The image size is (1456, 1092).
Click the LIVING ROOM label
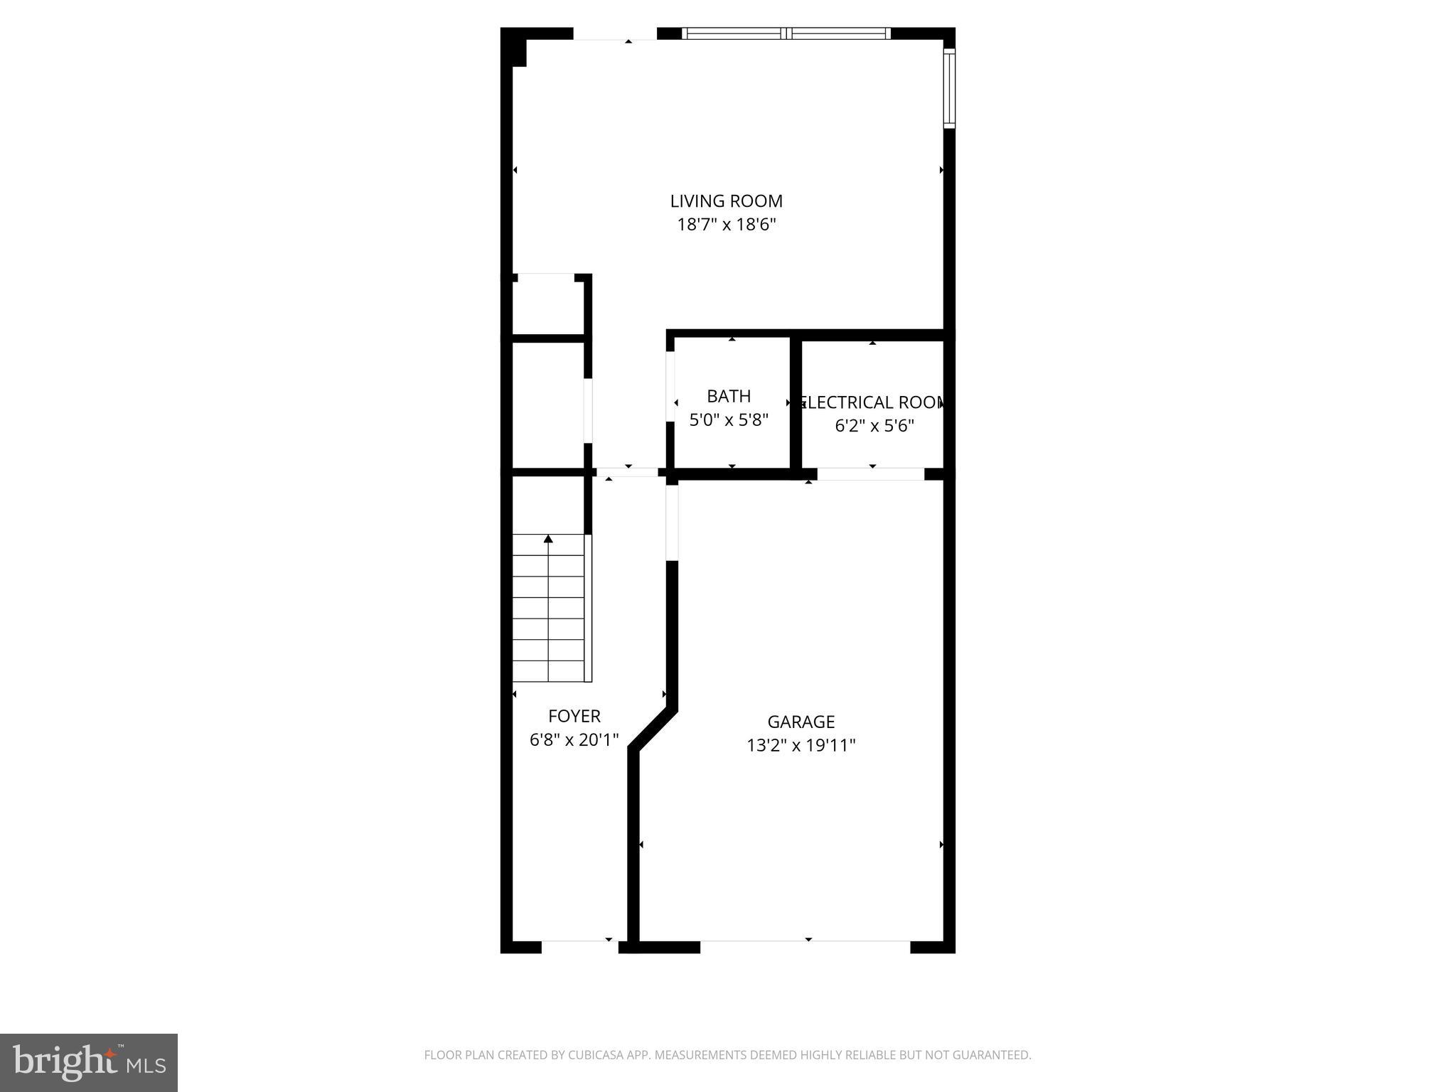[726, 201]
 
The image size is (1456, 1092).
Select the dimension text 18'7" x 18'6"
[726, 225]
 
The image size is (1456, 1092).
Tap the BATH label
[729, 396]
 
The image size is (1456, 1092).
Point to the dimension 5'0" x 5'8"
[729, 420]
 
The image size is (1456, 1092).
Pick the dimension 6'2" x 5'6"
[874, 426]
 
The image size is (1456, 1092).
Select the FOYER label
[574, 716]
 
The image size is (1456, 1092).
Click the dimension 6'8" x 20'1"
[574, 740]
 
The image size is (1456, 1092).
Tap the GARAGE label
[801, 722]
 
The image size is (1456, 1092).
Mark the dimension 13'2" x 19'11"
[801, 746]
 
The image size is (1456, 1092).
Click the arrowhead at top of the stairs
[548, 540]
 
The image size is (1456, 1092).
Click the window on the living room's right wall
[949, 88]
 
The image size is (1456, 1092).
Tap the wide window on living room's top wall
[786, 33]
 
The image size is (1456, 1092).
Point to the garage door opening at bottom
[805, 946]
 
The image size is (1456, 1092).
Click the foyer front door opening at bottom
[579, 946]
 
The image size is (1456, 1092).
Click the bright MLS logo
[89, 1062]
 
